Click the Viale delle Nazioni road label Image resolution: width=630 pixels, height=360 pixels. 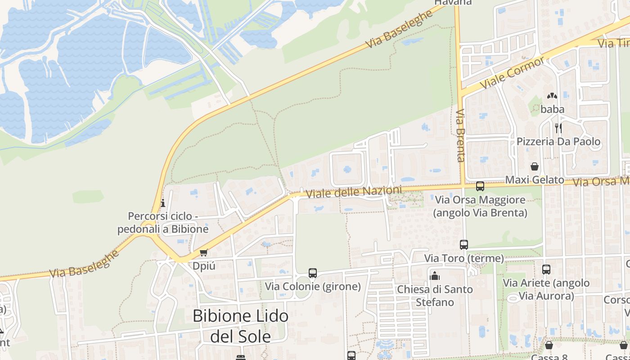click(354, 193)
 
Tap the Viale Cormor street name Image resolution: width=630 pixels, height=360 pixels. click(512, 73)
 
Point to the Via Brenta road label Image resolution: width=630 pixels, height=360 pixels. click(460, 135)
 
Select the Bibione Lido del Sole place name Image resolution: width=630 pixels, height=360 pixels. click(240, 326)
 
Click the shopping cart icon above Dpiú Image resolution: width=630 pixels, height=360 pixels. click(203, 253)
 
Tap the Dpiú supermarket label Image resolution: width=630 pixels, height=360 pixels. click(204, 265)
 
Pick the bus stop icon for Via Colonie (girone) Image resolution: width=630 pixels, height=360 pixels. click(313, 273)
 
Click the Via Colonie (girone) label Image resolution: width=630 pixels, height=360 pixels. click(313, 286)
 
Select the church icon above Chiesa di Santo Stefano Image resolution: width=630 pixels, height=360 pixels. click(435, 276)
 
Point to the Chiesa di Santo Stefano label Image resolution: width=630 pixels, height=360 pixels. click(435, 295)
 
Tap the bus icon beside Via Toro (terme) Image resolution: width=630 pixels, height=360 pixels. click(464, 245)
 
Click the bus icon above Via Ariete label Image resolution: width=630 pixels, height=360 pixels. click(546, 270)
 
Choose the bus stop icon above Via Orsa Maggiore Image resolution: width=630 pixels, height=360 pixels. click(480, 186)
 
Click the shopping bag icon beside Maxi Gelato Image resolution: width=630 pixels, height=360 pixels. click(535, 167)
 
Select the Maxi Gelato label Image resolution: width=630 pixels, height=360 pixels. click(535, 180)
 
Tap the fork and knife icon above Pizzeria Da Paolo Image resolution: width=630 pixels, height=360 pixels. click(558, 128)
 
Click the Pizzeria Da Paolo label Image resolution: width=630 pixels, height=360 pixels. click(558, 142)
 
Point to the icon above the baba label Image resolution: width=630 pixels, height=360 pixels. click(552, 96)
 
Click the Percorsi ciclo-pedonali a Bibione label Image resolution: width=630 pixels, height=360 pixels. click(163, 222)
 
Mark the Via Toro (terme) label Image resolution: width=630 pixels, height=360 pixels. click(464, 259)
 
